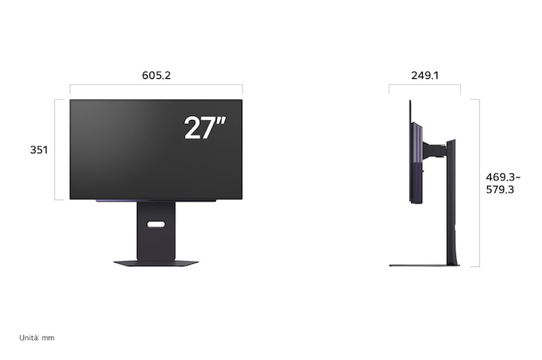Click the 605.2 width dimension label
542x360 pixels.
(156, 76)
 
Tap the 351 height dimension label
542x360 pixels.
(39, 149)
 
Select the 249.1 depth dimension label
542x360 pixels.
(425, 76)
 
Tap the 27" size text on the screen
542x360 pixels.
(204, 128)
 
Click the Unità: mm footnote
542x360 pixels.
(38, 338)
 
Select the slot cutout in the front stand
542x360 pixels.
(156, 225)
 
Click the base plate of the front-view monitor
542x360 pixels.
(156, 263)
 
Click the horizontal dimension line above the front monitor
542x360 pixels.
(156, 85)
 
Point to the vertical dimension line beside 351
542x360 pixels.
(56, 149)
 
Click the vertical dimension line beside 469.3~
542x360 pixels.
(479, 183)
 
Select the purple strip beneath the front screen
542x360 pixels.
(116, 201)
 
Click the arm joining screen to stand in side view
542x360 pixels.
(434, 145)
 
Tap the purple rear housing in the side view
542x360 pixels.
(419, 155)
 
